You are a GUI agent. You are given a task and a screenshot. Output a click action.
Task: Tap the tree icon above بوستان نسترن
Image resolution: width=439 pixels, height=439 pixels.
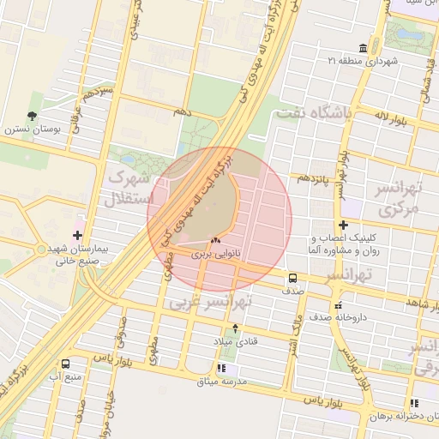(x=33, y=116)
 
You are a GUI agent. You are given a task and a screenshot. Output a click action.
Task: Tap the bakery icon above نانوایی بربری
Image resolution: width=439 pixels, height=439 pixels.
(x=215, y=241)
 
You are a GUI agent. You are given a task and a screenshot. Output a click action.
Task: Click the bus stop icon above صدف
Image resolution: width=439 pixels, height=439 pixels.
(x=292, y=278)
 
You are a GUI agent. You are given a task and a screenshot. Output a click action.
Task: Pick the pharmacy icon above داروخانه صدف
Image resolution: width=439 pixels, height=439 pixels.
(x=339, y=304)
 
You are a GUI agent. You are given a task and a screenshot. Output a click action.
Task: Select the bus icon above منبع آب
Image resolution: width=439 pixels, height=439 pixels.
(x=66, y=364)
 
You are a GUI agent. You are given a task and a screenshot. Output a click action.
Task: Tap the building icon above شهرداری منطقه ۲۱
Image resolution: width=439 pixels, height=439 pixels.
(x=364, y=47)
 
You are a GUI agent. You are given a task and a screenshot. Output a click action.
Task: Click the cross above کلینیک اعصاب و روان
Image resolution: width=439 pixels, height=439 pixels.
(x=343, y=225)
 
